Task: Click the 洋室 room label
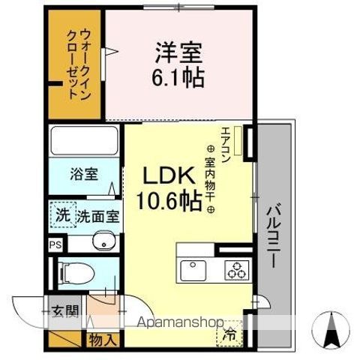[x=180, y=52]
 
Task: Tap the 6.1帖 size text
[x=180, y=77]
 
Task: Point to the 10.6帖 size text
[x=169, y=201]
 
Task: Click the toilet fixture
[x=75, y=272]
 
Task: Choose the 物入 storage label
[x=103, y=339]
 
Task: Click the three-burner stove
[x=235, y=268]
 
